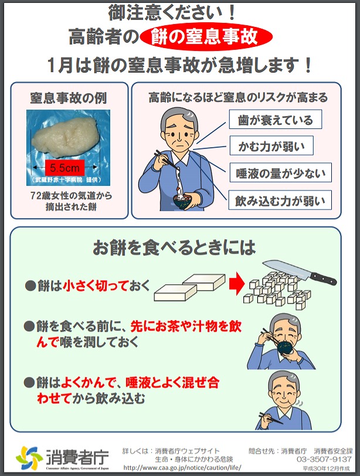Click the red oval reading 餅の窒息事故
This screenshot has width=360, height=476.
[x=206, y=36]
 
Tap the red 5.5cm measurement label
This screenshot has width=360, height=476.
[x=64, y=168]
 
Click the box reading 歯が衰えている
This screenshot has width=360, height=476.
[x=276, y=120]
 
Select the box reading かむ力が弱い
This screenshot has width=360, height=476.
[x=271, y=146]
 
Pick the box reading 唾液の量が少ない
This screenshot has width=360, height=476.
[x=280, y=172]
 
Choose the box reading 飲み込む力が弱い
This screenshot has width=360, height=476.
[x=280, y=200]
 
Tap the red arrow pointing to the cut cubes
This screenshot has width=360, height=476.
[x=237, y=284]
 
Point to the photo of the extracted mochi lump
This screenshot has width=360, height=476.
[x=68, y=147]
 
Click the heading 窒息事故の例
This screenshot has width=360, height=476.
[x=68, y=98]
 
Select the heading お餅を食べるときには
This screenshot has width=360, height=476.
[x=174, y=247]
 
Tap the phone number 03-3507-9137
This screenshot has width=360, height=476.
[x=324, y=459]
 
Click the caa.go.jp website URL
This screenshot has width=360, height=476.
[x=182, y=468]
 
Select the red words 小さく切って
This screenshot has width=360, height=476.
[x=96, y=285]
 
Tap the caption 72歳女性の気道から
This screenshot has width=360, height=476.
[x=72, y=196]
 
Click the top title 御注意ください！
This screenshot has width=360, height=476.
[x=172, y=13]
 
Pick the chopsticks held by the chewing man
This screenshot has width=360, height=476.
[x=271, y=418]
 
